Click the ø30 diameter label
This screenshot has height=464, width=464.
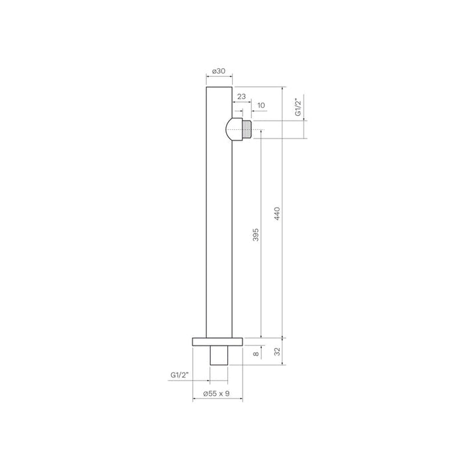219,72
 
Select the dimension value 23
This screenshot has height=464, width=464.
241,97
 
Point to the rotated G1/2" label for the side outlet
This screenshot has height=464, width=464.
299,108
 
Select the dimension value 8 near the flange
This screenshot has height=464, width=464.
256,355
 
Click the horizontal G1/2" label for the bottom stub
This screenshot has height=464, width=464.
180,376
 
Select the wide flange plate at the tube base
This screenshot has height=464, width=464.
218,342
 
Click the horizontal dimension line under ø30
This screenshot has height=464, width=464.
219,79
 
